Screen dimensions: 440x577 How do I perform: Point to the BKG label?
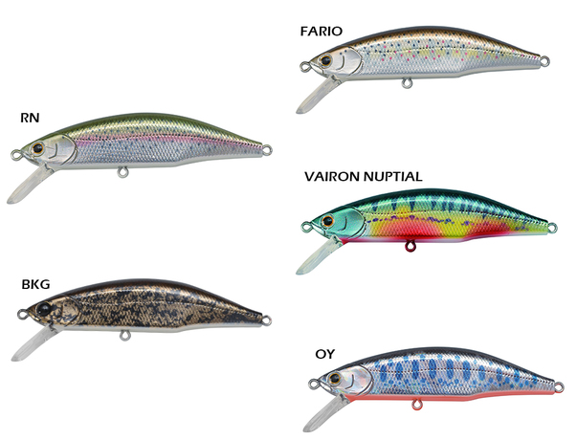tap(35, 284)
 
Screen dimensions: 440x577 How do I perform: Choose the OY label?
tap(324, 354)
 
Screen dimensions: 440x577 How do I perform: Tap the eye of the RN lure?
tap(38, 150)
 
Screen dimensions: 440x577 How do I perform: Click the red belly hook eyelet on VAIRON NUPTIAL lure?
tap(411, 251)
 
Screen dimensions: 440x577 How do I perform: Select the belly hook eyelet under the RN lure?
tap(122, 173)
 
